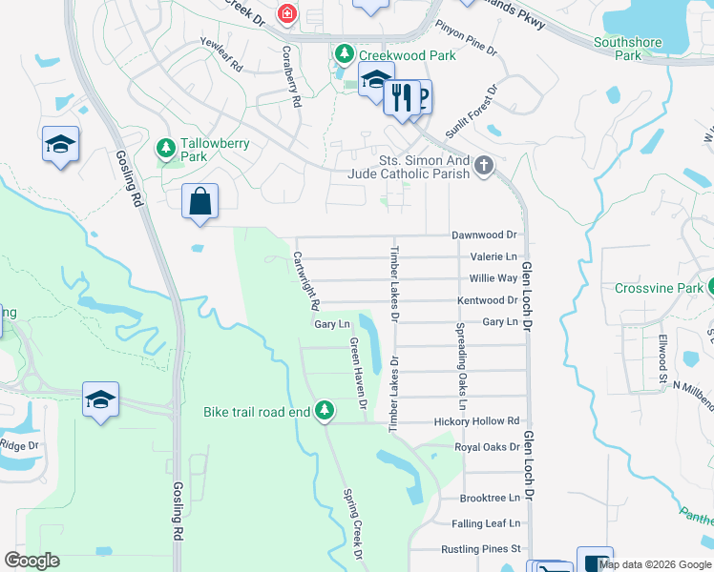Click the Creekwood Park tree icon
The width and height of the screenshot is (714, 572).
click(344, 55)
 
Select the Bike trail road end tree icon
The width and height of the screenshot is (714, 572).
click(325, 410)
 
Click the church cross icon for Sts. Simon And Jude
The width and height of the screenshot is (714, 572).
click(485, 167)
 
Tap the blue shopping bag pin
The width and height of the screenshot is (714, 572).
click(200, 202)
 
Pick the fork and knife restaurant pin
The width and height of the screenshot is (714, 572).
click(402, 96)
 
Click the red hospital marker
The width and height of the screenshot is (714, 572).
click(285, 13)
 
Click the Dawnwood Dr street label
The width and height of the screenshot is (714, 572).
click(483, 235)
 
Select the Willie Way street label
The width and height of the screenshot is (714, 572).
click(493, 278)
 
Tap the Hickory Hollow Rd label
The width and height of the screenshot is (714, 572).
click(476, 420)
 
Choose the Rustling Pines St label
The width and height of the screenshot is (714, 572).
click(480, 549)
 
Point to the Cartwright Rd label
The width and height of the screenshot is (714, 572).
click(304, 282)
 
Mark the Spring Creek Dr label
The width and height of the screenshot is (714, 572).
click(353, 523)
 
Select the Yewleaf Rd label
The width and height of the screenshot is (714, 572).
click(221, 56)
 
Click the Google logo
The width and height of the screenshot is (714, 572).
click(31, 561)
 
